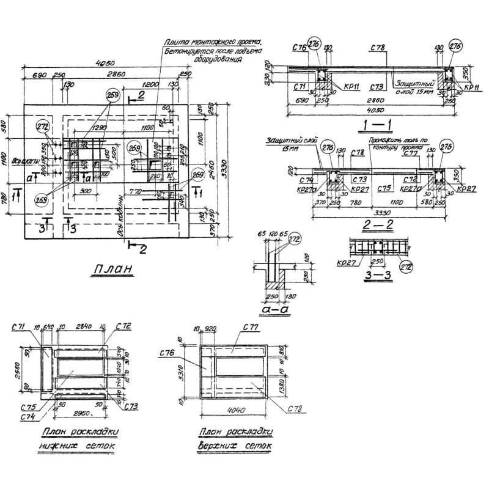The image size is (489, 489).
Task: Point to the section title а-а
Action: (271, 311)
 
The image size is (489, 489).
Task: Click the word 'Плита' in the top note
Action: (175, 43)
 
